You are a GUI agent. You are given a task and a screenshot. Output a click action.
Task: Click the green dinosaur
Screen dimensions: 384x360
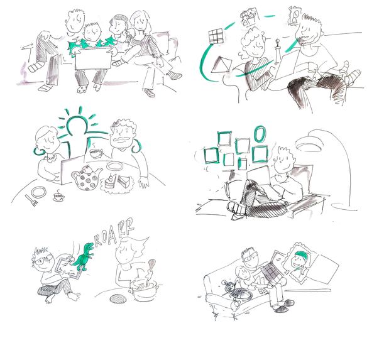pyautogui.click(x=83, y=257)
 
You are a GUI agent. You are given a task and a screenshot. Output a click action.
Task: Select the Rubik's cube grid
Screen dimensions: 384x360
pyautogui.click(x=216, y=36)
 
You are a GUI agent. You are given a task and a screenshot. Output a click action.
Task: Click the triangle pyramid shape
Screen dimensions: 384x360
pyautogui.click(x=221, y=65)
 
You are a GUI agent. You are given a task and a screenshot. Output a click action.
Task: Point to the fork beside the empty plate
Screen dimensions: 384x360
pyautogui.click(x=31, y=200)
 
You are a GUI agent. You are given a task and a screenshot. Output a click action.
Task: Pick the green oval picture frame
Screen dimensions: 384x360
pyautogui.click(x=259, y=134)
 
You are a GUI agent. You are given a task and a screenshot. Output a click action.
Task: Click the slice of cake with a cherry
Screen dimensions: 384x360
pyautogui.click(x=110, y=182)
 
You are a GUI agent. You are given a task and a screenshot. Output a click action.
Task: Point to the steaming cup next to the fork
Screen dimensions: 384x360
pyautogui.click(x=59, y=196)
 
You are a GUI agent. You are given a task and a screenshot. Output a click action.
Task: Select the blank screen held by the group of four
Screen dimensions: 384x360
pyautogui.click(x=93, y=59)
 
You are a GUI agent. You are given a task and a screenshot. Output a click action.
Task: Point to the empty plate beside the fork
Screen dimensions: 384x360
pyautogui.click(x=39, y=192)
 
